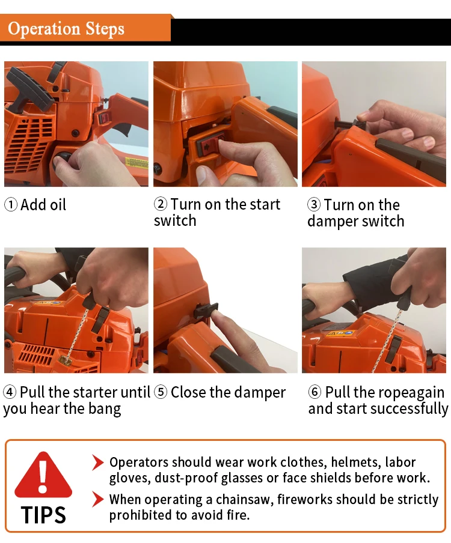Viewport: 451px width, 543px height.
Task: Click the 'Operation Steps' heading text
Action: point(66,29)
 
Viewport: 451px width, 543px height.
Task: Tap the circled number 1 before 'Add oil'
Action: point(11,205)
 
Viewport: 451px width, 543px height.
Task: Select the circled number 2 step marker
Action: point(161,204)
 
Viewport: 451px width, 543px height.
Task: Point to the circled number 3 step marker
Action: point(314,205)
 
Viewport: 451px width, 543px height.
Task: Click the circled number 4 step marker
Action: point(10,392)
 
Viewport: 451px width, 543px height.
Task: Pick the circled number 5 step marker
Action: point(161,392)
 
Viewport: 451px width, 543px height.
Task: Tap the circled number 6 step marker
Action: point(314,392)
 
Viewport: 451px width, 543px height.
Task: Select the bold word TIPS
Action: point(43,515)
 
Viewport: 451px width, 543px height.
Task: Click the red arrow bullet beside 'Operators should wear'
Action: point(98,463)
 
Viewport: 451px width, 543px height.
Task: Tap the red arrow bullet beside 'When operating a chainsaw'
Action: point(98,500)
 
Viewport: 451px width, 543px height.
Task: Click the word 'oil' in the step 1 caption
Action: point(58,205)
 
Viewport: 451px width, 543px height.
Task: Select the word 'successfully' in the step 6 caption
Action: point(410,409)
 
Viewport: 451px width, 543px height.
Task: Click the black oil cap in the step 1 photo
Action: point(62,160)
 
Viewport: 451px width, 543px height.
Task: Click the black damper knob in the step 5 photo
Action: point(205,311)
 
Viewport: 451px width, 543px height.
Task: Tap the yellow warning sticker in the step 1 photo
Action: point(135,162)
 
